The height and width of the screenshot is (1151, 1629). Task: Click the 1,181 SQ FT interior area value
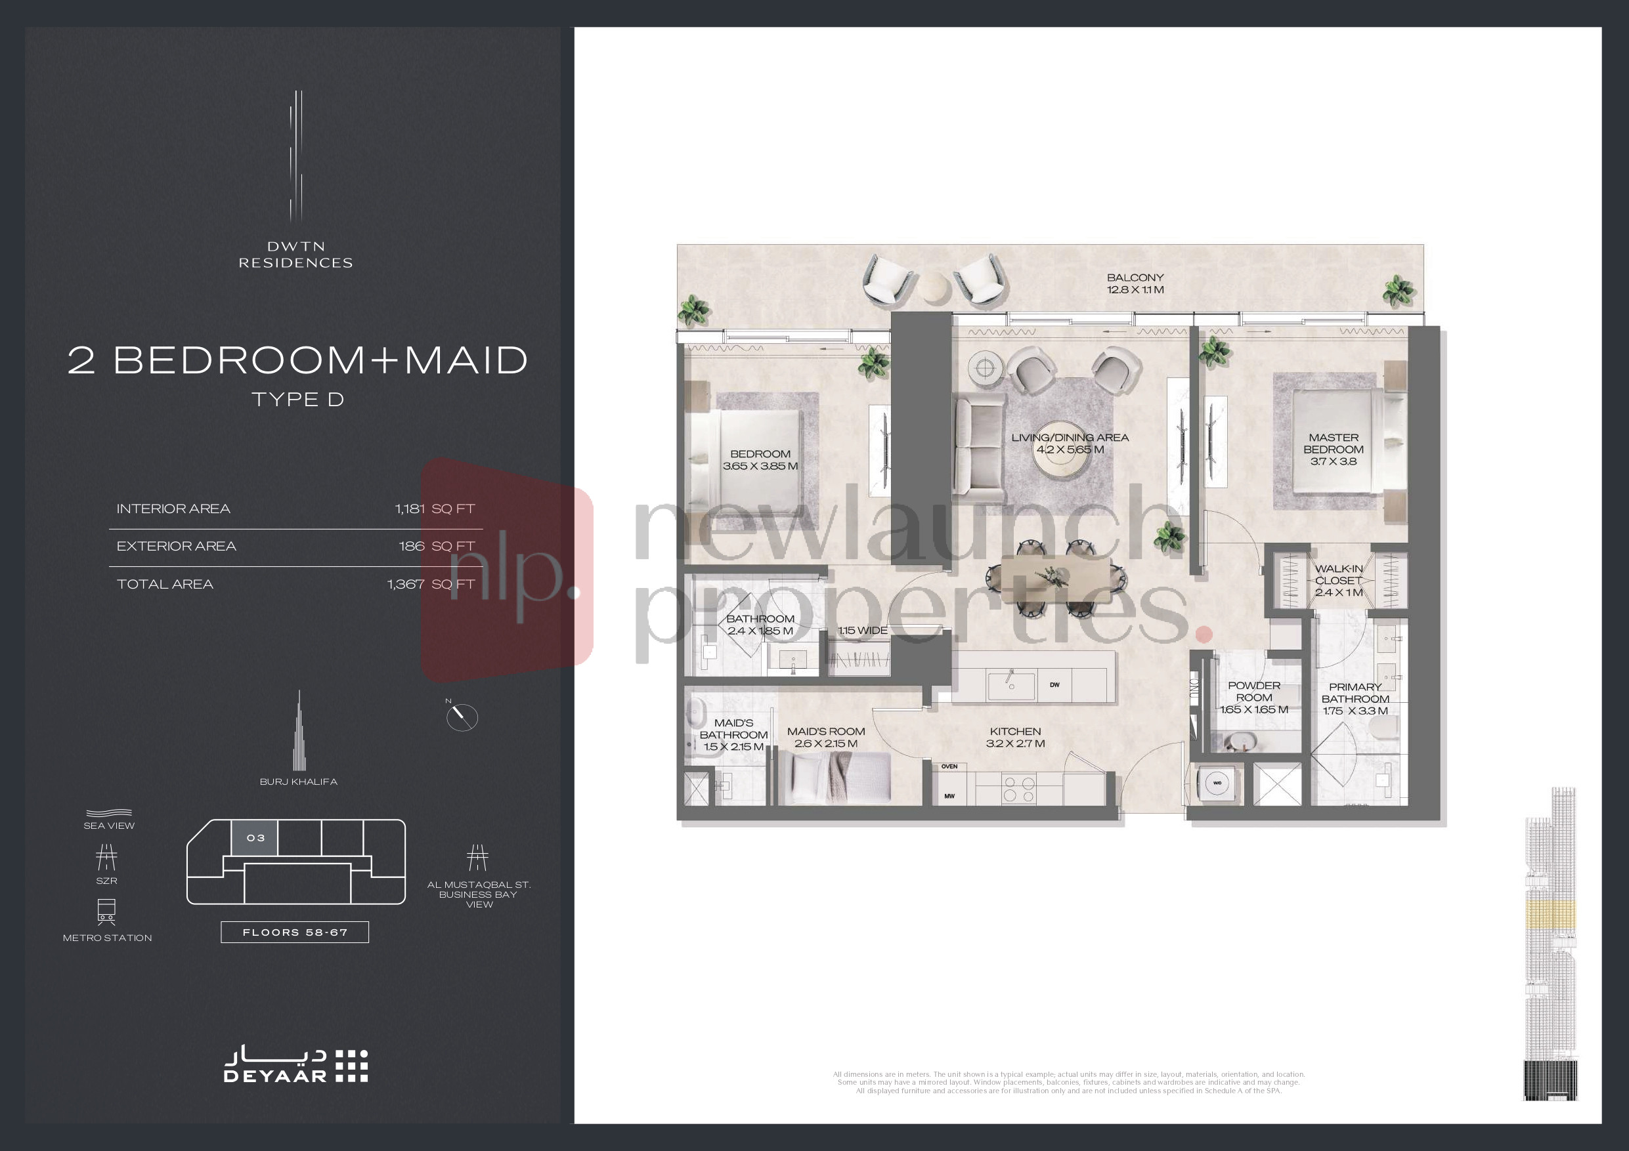click(x=434, y=509)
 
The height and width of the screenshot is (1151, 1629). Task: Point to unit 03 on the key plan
click(x=255, y=838)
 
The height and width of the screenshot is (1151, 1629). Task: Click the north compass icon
click(x=462, y=717)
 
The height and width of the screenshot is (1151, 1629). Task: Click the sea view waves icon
click(x=108, y=812)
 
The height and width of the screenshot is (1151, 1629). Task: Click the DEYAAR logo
click(x=296, y=1065)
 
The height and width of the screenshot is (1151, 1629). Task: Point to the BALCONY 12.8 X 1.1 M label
click(x=1135, y=283)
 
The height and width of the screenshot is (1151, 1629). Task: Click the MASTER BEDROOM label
click(x=1333, y=449)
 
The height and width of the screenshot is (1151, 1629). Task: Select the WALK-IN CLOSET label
click(x=1338, y=580)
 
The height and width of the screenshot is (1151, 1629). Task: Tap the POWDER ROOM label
click(x=1253, y=697)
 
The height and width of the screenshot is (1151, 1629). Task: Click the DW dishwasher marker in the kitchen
click(x=1054, y=685)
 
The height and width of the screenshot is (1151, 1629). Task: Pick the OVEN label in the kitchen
click(x=949, y=766)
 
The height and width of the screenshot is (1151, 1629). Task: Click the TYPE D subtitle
click(x=297, y=399)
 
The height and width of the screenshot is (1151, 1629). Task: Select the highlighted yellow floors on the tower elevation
click(x=1551, y=914)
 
